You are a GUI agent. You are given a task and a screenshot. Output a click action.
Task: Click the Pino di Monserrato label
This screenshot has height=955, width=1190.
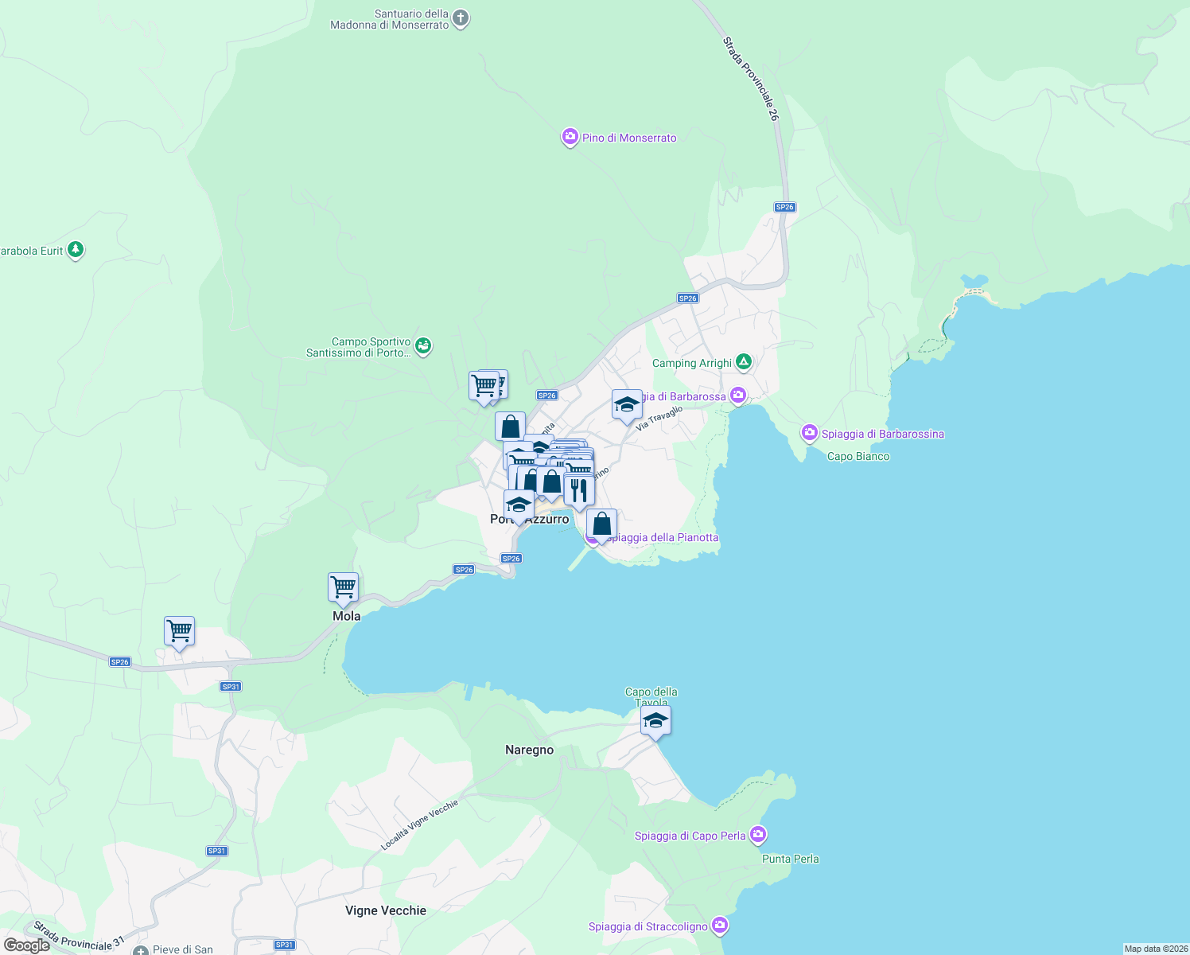point(629,138)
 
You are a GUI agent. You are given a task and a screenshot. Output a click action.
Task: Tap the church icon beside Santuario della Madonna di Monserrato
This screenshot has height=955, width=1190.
point(461,18)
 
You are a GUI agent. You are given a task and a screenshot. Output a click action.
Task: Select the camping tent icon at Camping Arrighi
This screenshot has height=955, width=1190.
point(744,363)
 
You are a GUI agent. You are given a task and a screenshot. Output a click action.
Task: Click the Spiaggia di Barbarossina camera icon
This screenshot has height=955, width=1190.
point(810,433)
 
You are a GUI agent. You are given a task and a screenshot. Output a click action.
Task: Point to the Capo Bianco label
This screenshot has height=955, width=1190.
point(858,457)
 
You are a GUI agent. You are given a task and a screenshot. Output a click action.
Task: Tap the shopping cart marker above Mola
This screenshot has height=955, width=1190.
point(344,587)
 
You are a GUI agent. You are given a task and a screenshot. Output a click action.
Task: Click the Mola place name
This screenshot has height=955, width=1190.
point(347,616)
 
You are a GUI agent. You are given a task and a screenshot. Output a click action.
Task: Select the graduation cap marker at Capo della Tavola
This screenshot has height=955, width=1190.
point(655,721)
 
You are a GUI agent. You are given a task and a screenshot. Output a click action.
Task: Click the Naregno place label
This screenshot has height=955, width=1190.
point(530,750)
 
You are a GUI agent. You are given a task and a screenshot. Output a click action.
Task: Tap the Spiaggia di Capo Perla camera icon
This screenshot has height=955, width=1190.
point(758,835)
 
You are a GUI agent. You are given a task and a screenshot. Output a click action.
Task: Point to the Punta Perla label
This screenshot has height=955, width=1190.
point(791,859)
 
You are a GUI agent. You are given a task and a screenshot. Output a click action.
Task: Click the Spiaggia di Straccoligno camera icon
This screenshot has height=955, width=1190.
point(720,926)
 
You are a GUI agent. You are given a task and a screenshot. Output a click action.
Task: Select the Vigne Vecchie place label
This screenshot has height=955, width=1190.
point(386,910)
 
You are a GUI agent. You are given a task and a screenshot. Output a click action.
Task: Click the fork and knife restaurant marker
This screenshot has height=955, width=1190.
point(579,490)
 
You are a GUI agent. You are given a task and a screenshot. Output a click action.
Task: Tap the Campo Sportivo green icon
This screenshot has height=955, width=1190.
point(423,345)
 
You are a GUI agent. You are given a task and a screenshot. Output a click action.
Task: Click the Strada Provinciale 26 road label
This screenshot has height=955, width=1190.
point(751,78)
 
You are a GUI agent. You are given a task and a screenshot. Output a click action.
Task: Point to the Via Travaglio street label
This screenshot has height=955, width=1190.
point(659,419)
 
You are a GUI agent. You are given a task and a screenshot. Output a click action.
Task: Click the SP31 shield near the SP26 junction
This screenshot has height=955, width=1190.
point(231,687)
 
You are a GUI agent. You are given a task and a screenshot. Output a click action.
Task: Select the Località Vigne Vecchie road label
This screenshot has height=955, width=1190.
point(420,825)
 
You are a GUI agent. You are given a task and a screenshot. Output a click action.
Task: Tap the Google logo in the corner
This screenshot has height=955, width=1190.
point(27,945)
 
